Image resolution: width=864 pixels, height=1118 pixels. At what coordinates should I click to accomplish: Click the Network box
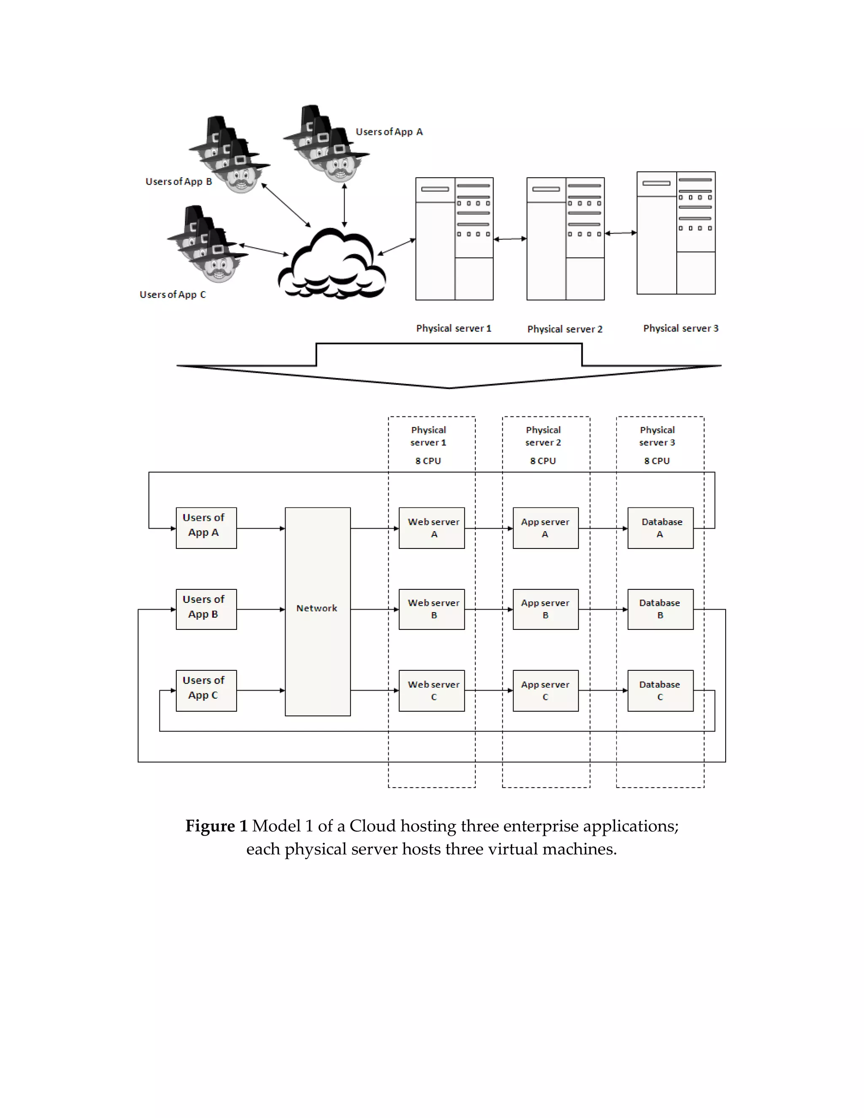click(x=317, y=611)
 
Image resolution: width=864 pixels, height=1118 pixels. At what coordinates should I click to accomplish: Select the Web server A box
click(x=432, y=528)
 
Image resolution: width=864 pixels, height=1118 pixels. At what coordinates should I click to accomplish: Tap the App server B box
click(x=545, y=609)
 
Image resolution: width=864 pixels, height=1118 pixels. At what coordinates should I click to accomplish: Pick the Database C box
click(x=660, y=691)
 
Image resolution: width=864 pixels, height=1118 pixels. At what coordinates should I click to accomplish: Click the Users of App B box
click(x=206, y=609)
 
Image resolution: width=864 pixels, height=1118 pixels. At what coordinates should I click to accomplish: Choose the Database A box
click(x=660, y=528)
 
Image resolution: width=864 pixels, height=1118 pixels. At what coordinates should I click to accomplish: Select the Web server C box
click(x=432, y=691)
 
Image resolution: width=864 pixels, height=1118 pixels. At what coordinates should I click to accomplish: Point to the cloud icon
click(x=332, y=266)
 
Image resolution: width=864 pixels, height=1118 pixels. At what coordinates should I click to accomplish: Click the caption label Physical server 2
click(x=564, y=329)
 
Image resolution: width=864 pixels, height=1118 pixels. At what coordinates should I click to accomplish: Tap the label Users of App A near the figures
click(x=389, y=132)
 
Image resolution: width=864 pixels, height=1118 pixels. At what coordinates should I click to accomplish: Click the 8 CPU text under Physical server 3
click(x=657, y=461)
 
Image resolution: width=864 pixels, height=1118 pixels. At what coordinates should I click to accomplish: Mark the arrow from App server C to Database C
click(x=602, y=691)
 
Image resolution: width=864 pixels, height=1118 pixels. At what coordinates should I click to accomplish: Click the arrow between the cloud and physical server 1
click(x=396, y=247)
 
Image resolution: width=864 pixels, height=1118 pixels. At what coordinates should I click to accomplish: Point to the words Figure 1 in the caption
click(x=216, y=826)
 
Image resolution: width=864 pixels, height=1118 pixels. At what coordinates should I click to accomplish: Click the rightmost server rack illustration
click(x=676, y=233)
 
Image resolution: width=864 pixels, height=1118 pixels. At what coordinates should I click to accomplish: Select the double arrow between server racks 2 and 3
click(x=620, y=233)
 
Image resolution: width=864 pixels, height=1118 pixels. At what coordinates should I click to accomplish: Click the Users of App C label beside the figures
click(x=173, y=295)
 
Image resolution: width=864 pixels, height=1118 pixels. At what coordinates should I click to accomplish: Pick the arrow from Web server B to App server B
click(x=488, y=609)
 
